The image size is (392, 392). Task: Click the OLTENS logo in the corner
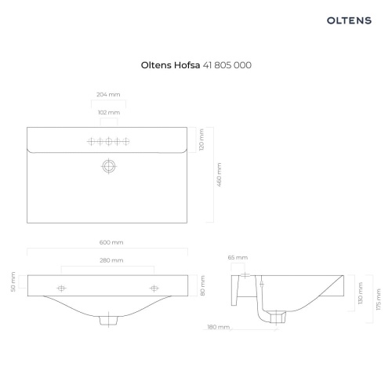click(x=349, y=20)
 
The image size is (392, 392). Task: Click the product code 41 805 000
click(x=227, y=65)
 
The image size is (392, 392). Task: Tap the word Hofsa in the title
click(x=187, y=65)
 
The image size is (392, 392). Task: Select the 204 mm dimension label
click(x=108, y=95)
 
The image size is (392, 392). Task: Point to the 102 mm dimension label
click(x=109, y=113)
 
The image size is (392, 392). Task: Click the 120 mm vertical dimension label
click(x=201, y=140)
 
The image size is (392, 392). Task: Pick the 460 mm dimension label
click(x=220, y=175)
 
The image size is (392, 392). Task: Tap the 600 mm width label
click(x=111, y=242)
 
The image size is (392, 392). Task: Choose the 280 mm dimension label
click(x=111, y=260)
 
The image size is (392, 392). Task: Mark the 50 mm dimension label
click(x=13, y=281)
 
